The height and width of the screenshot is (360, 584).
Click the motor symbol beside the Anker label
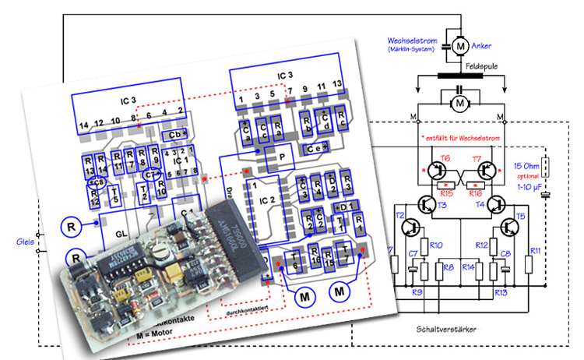click(x=460, y=46)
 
